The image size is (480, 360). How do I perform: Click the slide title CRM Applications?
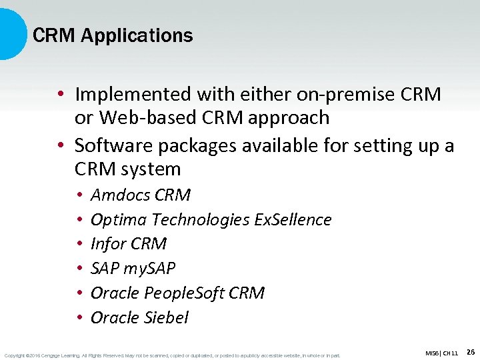113,35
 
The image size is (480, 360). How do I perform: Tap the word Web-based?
141,118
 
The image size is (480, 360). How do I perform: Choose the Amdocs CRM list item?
141,195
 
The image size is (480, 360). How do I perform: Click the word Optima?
119,219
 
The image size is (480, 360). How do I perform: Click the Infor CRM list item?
129,244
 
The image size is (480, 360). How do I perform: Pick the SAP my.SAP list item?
133,269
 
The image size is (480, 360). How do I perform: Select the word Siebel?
166,317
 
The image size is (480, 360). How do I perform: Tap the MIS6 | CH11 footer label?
441,353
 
